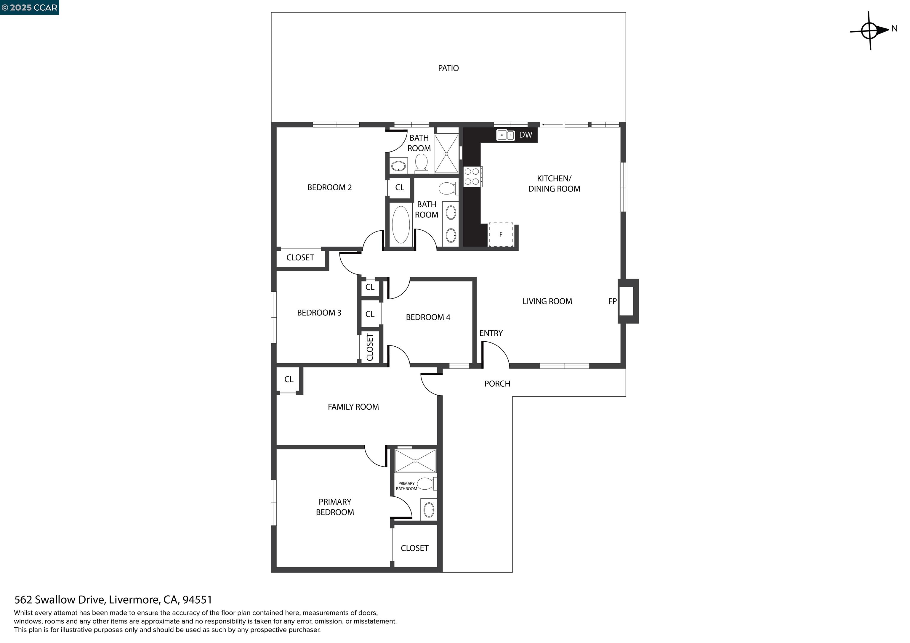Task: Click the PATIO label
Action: point(448,68)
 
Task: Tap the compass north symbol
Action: point(870,30)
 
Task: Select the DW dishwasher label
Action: point(526,135)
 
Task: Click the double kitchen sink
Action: point(505,135)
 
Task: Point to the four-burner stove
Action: point(472,177)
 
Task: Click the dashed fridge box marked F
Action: point(501,234)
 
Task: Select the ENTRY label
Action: point(491,333)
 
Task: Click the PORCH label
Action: point(497,383)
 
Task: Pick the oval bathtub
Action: point(401,225)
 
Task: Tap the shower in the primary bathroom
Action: point(415,461)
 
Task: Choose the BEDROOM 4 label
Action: point(428,317)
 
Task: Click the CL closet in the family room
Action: point(289,380)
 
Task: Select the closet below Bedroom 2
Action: point(300,258)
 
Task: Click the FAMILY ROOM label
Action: point(353,407)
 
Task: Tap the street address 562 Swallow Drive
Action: point(113,599)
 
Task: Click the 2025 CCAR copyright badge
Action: point(29,7)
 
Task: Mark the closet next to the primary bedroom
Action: point(415,548)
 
